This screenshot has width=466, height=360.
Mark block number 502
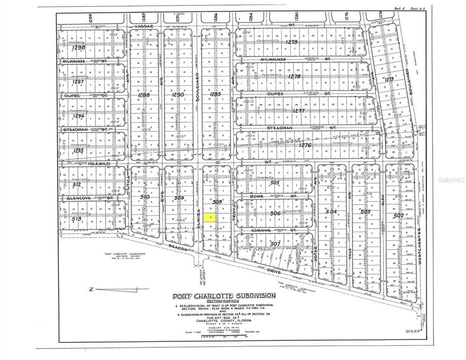pyautogui.click(x=398, y=215)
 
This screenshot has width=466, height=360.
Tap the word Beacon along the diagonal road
pyautogui.click(x=176, y=248)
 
